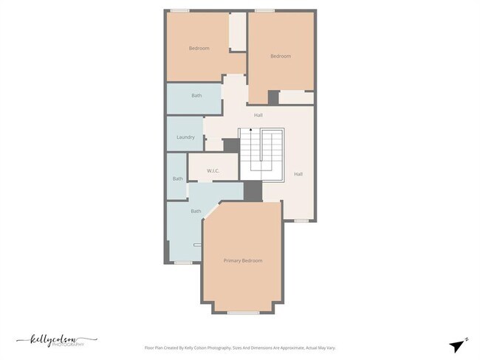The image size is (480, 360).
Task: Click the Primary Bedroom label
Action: point(243,260)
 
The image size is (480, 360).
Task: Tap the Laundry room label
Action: point(185,137)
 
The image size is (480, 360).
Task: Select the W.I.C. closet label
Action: point(213,170)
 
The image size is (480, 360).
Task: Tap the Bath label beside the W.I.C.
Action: point(177,179)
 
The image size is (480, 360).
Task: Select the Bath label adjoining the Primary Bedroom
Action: point(196,212)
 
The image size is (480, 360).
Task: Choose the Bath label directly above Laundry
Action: point(196,95)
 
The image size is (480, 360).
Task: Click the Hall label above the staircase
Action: point(258,115)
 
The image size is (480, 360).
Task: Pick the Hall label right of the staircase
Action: point(298,174)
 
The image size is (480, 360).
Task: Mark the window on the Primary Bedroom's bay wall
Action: point(238,314)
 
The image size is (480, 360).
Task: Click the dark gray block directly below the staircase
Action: point(253,190)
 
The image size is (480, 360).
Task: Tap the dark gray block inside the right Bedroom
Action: point(273,97)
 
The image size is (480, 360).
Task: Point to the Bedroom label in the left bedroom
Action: point(199,49)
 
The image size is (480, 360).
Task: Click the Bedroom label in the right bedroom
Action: point(281,56)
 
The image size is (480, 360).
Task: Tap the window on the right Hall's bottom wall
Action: point(301,221)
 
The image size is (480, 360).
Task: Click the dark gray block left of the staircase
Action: point(231,145)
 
